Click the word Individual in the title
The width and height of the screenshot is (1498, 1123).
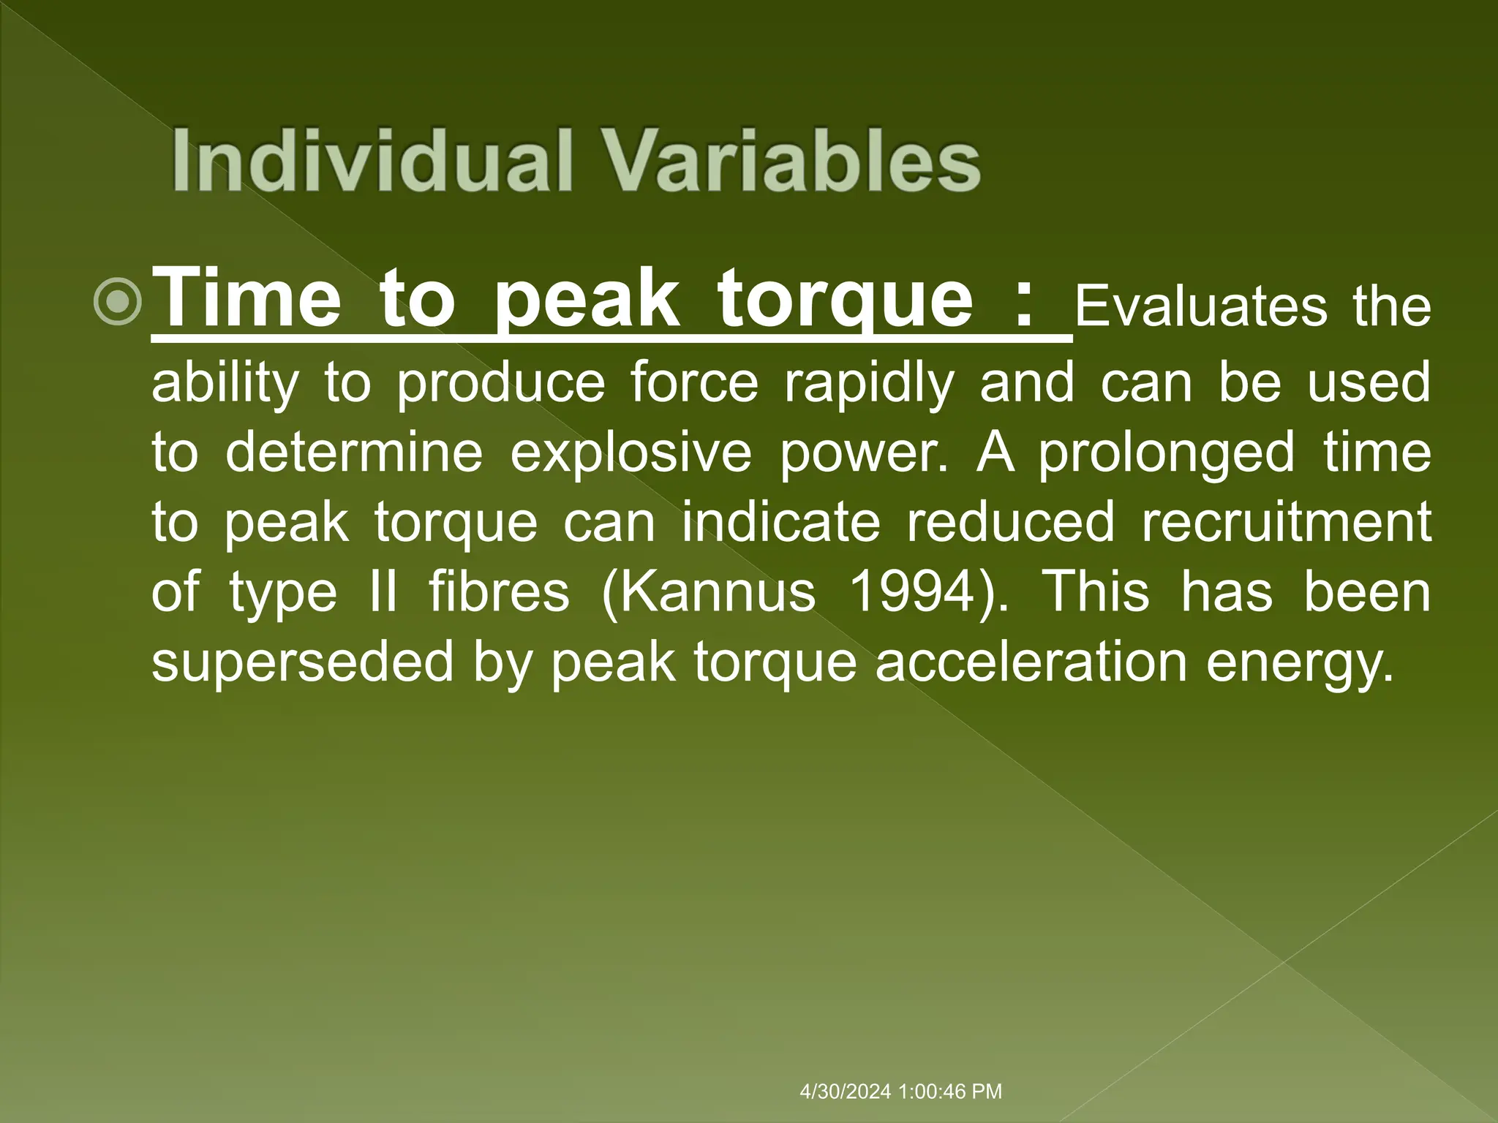coord(370,160)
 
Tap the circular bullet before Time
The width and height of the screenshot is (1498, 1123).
coord(118,303)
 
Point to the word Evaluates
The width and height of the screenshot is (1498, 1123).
coord(1200,307)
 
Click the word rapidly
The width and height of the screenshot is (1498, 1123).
coord(869,383)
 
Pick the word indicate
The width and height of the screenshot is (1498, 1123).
coord(780,522)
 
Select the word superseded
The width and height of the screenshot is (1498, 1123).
coord(302,661)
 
